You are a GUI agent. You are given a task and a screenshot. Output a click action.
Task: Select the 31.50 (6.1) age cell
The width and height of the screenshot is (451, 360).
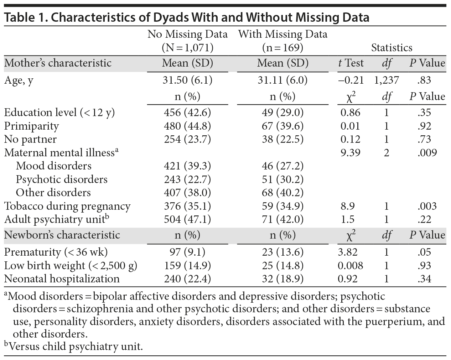[x=187, y=80]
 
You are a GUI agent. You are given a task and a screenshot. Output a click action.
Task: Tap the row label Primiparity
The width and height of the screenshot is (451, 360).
[x=31, y=126]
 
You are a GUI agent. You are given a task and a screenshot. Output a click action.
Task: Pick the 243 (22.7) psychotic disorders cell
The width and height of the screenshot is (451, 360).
[x=187, y=179]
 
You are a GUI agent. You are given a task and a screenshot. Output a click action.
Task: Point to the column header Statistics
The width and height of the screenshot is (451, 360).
[x=392, y=48]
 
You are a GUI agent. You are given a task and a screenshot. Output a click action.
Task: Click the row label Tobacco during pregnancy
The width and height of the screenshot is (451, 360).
[x=67, y=206]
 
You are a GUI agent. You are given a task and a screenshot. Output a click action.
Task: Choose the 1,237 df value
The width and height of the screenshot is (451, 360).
[x=387, y=80]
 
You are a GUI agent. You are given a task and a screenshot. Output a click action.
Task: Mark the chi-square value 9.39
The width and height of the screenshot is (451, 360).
[x=350, y=153]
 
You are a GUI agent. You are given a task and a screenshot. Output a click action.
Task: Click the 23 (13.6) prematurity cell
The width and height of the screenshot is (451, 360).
[x=282, y=252]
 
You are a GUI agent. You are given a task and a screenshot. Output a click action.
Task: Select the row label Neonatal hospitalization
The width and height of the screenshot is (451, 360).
[x=62, y=279]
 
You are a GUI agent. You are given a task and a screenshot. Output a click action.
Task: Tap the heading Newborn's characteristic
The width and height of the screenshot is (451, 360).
[x=62, y=235]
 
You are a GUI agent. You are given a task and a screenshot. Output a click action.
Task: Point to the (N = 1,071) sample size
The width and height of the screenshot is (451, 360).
[x=187, y=48]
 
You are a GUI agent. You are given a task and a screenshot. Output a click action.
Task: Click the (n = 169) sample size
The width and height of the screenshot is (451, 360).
[x=282, y=48]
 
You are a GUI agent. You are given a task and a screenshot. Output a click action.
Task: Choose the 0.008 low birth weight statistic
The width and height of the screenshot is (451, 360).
[x=350, y=266]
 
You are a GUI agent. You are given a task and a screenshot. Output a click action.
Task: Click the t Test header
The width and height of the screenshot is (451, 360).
[x=351, y=63]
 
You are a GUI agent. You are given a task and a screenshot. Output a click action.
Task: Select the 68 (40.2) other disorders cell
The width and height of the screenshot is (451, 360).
[x=282, y=193]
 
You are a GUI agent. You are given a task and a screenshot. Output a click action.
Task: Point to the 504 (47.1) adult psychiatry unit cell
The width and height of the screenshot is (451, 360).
[x=187, y=219]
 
